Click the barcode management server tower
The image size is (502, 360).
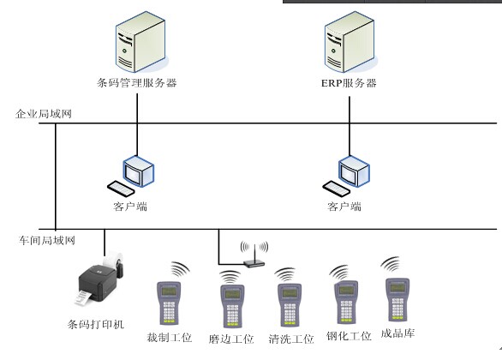pyautogui.click(x=140, y=42)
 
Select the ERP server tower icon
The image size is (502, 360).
pyautogui.click(x=350, y=42)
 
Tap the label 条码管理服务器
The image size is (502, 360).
pyautogui.click(x=137, y=83)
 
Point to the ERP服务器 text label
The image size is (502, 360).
pyautogui.click(x=349, y=83)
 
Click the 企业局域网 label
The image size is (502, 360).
pyautogui.click(x=44, y=114)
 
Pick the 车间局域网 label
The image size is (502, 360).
pyautogui.click(x=47, y=240)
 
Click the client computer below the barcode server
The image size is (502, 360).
pyautogui.click(x=130, y=176)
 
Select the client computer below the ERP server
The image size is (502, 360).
pyautogui.click(x=346, y=176)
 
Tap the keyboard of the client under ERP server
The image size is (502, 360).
pyautogui.click(x=336, y=189)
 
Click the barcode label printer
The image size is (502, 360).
pyautogui.click(x=99, y=278)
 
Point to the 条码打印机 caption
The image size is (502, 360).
pyautogui.click(x=96, y=324)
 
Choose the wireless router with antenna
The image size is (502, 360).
pyautogui.click(x=254, y=255)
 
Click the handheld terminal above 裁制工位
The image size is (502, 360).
pyautogui.click(x=169, y=303)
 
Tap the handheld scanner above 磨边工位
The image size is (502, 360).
pyautogui.click(x=232, y=305)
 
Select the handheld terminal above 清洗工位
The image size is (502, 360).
pyautogui.click(x=289, y=304)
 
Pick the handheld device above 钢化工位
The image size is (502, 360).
pyautogui.click(x=346, y=302)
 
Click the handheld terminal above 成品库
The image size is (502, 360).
pyautogui.click(x=397, y=299)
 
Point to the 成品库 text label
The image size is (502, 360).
pyautogui.click(x=397, y=333)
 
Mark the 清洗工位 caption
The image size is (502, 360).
pyautogui.click(x=291, y=339)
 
